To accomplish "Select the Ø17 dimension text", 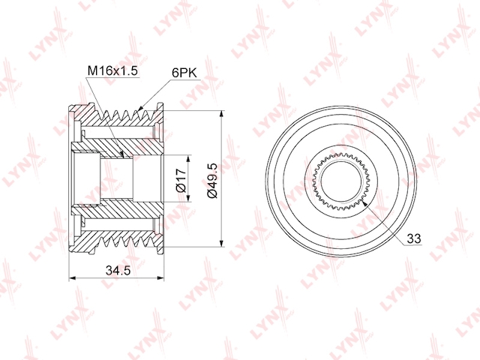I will point(181,180).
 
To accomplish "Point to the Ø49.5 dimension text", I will point(212,180).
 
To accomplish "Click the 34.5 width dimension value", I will point(118,271).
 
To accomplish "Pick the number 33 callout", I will point(414,239).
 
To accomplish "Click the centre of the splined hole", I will point(341,180).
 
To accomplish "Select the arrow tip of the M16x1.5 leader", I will point(121,157).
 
